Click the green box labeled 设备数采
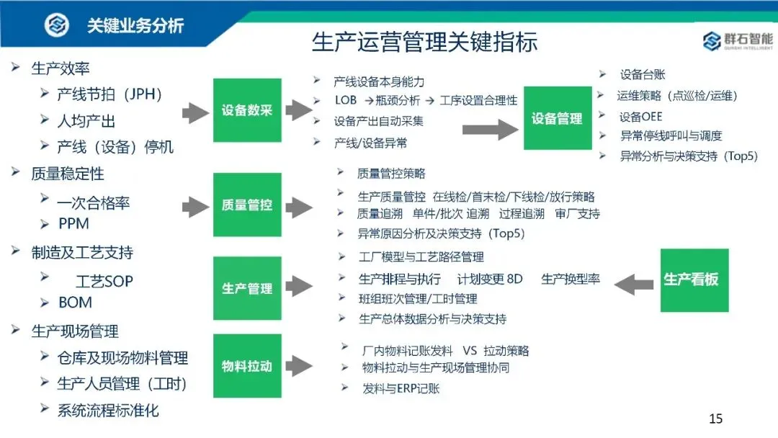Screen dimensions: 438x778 (247, 110)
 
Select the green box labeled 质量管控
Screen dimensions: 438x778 (247, 205)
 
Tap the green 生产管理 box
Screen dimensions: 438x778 (247, 288)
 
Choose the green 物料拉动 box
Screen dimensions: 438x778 (247, 366)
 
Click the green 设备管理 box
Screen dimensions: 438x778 (557, 118)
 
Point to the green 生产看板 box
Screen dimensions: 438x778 (694, 280)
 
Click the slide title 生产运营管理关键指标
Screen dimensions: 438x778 (424, 41)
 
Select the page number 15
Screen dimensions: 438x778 (715, 419)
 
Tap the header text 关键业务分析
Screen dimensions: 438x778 (135, 26)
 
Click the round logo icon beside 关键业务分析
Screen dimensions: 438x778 (56, 25)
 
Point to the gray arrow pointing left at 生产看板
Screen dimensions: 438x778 (633, 283)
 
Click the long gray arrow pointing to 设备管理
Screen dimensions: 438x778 (489, 129)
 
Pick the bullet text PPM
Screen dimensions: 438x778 (73, 224)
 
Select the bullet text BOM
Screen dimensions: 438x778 (75, 303)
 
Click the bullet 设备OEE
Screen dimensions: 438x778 (640, 117)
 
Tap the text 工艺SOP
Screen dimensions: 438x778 (104, 281)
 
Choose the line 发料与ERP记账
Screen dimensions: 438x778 (401, 388)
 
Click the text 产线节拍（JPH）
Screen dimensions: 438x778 (110, 94)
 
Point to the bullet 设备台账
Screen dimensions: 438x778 (642, 74)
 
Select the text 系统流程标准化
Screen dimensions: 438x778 (108, 411)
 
